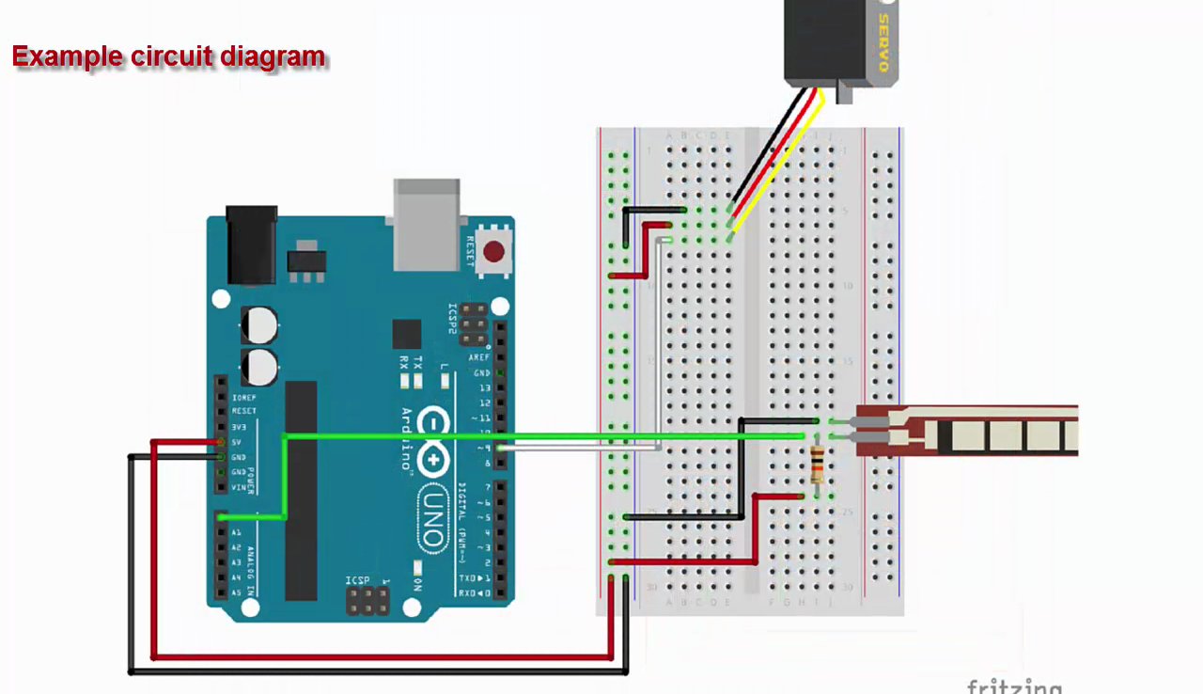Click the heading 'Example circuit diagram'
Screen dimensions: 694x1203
[168, 56]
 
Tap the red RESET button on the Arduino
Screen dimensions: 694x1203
[493, 251]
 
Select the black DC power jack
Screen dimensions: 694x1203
[251, 245]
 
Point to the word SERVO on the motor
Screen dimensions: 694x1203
[883, 42]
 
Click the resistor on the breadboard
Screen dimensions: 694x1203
[817, 465]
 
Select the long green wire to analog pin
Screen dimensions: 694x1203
[545, 436]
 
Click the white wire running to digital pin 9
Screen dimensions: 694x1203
[583, 449]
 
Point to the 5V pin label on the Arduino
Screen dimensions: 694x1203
[238, 442]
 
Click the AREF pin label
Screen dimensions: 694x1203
[480, 358]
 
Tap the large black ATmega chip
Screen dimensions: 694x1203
[301, 489]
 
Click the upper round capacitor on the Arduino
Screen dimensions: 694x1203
[259, 325]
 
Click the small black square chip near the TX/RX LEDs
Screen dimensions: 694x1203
[407, 334]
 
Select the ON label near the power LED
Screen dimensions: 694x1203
[417, 584]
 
